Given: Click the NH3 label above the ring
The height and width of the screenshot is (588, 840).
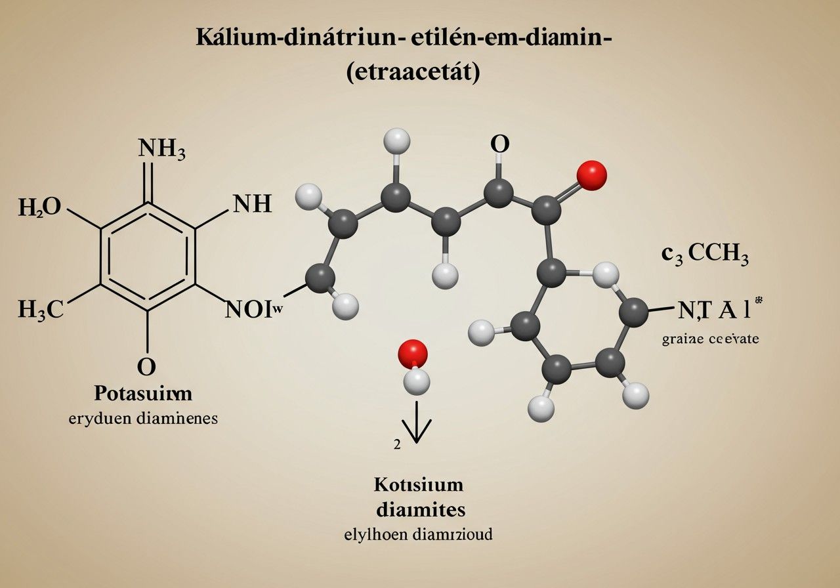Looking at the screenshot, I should (162, 150).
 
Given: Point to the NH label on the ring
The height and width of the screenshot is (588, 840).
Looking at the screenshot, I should (252, 205).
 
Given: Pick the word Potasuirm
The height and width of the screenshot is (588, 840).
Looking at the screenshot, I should (143, 394).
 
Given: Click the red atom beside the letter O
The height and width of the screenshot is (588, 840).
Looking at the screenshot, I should (591, 175).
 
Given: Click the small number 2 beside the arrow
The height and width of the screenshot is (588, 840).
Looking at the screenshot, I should (396, 444).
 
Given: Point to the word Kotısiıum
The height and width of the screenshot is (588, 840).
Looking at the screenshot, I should (419, 486).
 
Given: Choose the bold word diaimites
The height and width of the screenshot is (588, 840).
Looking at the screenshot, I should (419, 509).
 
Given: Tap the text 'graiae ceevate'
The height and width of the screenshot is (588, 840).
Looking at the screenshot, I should (711, 339).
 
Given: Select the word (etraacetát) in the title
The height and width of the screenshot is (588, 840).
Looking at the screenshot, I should (413, 71).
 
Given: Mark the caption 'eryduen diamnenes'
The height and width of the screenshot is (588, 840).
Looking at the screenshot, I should (143, 419).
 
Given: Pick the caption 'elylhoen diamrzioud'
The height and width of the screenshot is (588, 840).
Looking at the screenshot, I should (419, 534).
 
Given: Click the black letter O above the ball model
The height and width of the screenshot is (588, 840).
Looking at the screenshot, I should (499, 144).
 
